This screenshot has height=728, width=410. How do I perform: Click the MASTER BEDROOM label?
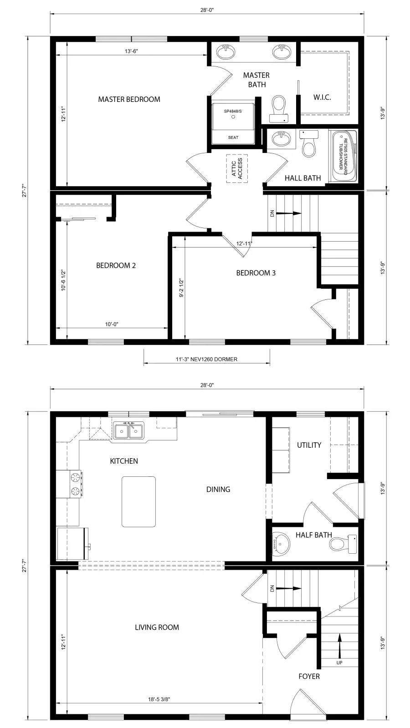coord(129,99)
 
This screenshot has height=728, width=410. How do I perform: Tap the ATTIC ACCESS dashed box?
coord(237,168)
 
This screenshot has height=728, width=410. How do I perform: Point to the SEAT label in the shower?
coord(233,137)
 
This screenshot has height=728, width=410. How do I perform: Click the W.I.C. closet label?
coord(322,97)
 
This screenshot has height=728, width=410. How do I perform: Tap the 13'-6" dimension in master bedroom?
coord(131,51)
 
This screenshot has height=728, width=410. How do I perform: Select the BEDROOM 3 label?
coord(256,273)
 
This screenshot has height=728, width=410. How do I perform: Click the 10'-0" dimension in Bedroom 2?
coord(112,324)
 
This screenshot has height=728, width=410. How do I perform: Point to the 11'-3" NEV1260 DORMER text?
coord(206,359)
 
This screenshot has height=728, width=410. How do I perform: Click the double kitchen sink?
coord(129,431)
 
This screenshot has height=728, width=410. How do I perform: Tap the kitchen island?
coord(138,501)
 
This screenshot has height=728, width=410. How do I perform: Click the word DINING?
coord(218,490)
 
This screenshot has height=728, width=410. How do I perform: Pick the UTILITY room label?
coord(309,445)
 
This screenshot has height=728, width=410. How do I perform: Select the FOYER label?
coord(309,677)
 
